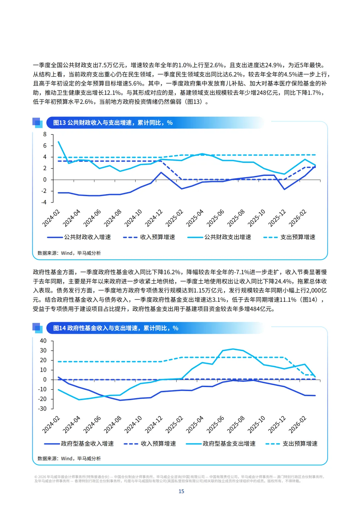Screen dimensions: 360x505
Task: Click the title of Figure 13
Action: coord(113,123)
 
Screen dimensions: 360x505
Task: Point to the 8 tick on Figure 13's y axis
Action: coord(45,134)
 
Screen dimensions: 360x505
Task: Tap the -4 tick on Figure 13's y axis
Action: coord(44,202)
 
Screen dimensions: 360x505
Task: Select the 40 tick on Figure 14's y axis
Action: coord(43,341)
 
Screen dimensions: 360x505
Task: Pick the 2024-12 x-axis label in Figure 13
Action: coord(154,218)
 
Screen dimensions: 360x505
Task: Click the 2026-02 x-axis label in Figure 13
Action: coord(298,218)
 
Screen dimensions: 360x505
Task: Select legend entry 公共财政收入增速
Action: coord(79,237)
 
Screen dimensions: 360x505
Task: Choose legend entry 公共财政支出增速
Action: coord(219,237)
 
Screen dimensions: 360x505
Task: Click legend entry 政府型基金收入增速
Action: coord(79,444)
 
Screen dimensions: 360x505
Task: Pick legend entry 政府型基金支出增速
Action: coord(221,444)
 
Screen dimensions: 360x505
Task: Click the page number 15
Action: coord(181,491)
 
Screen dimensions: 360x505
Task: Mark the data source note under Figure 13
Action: coord(69,253)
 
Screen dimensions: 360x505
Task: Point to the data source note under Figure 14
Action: coord(69,458)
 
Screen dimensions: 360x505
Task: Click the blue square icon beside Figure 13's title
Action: coord(37,123)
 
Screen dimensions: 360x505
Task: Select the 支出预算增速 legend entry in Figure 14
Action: coord(291,444)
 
